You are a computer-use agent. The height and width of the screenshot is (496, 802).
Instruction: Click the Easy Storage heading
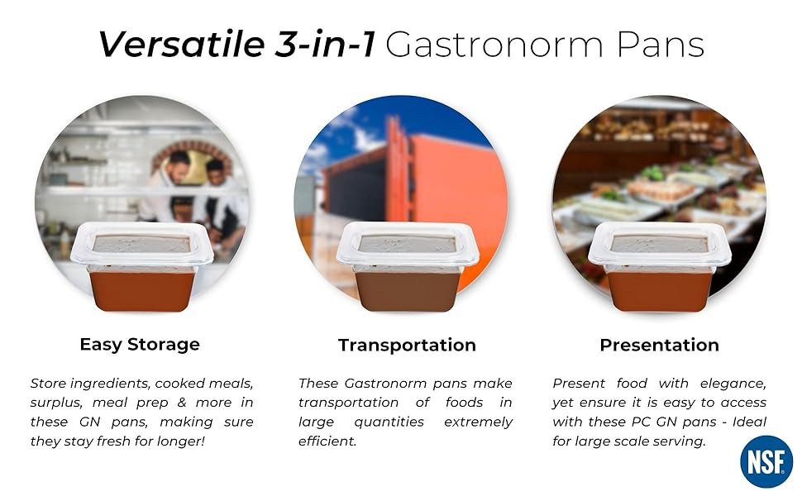click(x=140, y=344)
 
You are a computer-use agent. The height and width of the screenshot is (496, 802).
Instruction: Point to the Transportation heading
click(x=407, y=345)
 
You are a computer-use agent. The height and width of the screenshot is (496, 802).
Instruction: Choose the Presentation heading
click(x=659, y=345)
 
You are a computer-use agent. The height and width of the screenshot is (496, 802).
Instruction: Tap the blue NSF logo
click(x=766, y=461)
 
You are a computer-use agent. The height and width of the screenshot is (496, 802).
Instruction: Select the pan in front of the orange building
click(x=407, y=268)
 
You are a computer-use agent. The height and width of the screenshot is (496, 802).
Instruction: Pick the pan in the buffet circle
click(x=659, y=268)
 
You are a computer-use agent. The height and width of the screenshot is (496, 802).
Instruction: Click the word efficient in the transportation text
click(x=327, y=441)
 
